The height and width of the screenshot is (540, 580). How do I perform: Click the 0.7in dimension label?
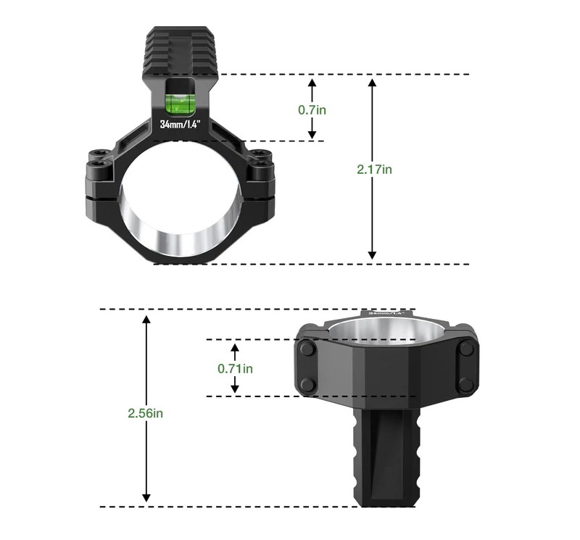(x=312, y=110)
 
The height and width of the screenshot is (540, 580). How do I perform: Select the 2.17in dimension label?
(x=374, y=169)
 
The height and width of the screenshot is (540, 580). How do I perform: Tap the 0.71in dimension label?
(x=235, y=368)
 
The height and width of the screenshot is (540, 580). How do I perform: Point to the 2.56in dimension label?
(x=146, y=413)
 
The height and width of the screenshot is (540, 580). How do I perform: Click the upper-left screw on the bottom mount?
(x=307, y=349)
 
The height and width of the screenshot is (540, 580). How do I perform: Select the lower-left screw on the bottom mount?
(x=307, y=385)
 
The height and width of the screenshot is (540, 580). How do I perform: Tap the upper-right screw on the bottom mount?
(x=466, y=349)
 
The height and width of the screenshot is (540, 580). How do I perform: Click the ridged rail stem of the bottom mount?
(x=386, y=457)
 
